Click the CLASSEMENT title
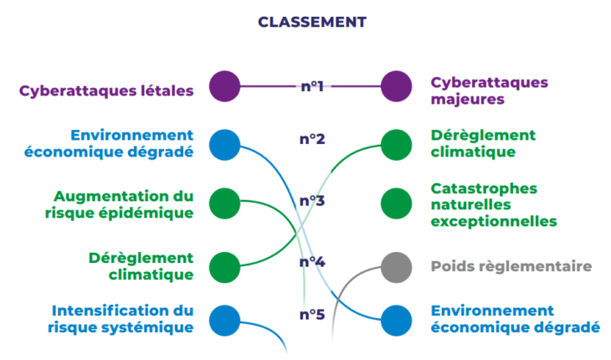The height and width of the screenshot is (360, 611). click(x=311, y=22)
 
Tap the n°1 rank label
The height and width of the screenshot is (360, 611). click(x=312, y=85)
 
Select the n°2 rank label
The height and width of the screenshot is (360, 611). click(x=312, y=139)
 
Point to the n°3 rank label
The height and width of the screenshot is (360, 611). click(x=312, y=201)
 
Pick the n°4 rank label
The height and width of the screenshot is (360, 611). click(x=312, y=262)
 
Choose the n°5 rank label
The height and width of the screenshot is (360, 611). click(x=312, y=315)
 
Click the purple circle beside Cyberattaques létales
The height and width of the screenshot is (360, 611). click(x=224, y=85)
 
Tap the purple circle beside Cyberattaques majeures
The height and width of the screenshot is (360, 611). click(x=396, y=85)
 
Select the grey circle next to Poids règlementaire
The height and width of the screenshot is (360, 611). click(x=396, y=267)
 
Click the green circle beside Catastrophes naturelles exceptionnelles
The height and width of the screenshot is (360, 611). click(x=396, y=203)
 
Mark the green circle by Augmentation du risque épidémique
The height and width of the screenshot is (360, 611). click(x=224, y=203)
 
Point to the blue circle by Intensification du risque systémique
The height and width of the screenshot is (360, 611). click(x=224, y=320)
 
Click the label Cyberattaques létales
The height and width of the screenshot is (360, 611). click(x=107, y=90)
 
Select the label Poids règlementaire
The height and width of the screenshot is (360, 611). click(x=511, y=267)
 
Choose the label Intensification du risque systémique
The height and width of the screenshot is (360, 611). click(x=122, y=319)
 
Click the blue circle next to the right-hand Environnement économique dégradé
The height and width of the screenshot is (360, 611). click(x=396, y=320)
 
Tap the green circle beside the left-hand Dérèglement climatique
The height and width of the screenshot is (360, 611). click(x=224, y=266)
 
